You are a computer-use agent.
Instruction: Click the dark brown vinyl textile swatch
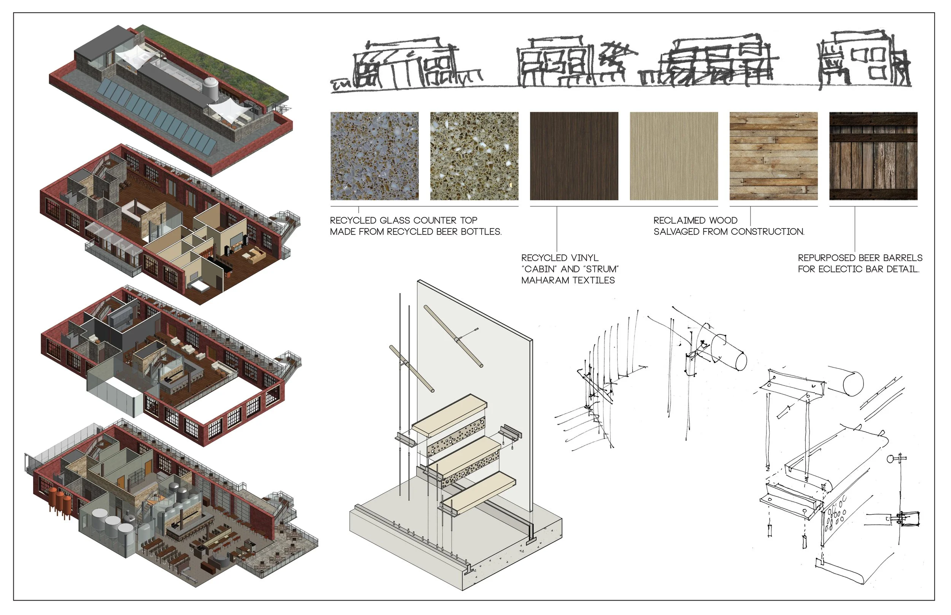coord(574,156)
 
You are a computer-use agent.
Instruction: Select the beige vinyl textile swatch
coord(674,156)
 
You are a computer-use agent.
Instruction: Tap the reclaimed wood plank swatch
coord(774,156)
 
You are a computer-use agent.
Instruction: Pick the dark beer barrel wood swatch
coord(873,156)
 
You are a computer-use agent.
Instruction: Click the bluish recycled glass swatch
coord(374,156)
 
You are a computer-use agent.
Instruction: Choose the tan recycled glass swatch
coord(474,156)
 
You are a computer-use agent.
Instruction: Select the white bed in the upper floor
coord(200,286)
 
